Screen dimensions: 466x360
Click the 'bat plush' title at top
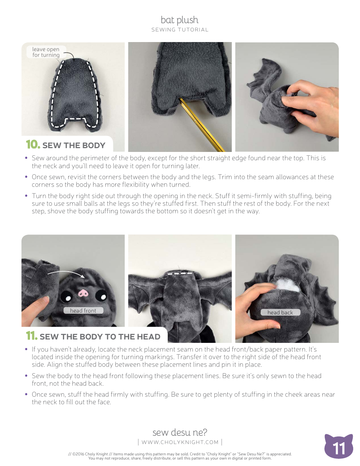(x=180, y=20)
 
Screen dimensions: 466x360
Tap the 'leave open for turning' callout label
(x=46, y=52)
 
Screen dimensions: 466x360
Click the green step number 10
(x=33, y=145)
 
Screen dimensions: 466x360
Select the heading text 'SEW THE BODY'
(x=74, y=145)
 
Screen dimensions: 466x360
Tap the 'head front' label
(x=83, y=311)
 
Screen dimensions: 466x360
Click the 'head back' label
(x=280, y=313)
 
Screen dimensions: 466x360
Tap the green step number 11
(x=31, y=336)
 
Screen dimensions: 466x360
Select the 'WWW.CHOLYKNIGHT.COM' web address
(x=180, y=442)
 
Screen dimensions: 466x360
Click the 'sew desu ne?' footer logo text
(x=180, y=432)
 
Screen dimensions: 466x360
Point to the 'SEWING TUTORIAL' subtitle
(x=180, y=30)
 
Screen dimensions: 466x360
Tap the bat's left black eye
(x=66, y=296)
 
